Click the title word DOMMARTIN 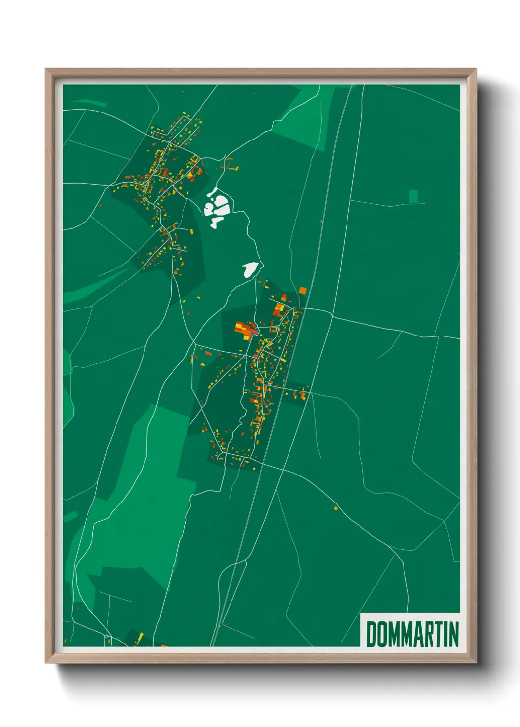(x=412, y=634)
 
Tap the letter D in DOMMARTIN (x=371, y=634)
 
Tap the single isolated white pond (x=250, y=269)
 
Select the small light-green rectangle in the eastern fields (x=413, y=196)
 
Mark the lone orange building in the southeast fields (x=336, y=508)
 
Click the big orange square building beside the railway (x=302, y=291)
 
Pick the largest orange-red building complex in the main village (x=245, y=330)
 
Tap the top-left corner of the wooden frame (x=47, y=70)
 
